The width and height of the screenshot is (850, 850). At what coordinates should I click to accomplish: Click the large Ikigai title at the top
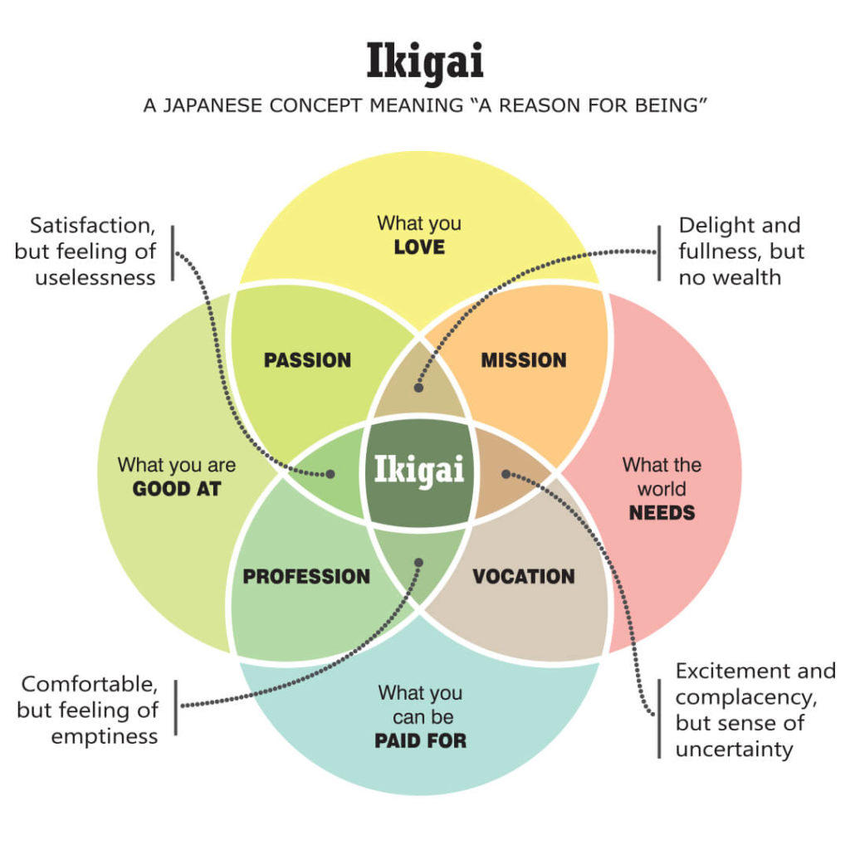pos(424,62)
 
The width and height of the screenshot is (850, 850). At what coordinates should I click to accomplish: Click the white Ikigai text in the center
pos(419,470)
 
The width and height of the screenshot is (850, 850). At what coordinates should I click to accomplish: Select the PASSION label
pos(307,360)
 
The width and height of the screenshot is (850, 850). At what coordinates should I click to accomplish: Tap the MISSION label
pos(524,360)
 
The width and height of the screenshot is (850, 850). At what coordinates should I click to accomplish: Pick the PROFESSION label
pos(306,576)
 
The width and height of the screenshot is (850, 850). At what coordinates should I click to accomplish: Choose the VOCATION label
pos(524,576)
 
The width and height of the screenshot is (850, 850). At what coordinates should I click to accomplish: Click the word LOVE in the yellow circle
pos(419,247)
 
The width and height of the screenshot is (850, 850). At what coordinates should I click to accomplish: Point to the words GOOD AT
pos(177,489)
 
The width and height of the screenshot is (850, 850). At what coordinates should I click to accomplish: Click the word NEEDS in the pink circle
pos(662,512)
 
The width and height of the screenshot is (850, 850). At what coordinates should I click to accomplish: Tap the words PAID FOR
pos(420,740)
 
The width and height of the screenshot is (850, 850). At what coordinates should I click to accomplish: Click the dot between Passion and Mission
pos(419,388)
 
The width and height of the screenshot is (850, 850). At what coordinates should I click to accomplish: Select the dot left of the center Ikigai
pos(330,474)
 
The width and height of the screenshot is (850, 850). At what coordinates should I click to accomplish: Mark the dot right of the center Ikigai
pos(506,474)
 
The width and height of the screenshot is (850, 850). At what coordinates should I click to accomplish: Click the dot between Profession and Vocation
pos(418,562)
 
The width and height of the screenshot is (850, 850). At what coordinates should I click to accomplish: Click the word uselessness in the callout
pos(95,277)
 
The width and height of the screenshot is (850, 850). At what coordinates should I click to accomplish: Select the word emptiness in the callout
pos(105,736)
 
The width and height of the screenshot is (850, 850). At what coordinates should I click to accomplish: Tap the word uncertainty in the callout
pos(734,749)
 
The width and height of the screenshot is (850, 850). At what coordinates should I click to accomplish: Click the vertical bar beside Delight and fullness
pos(658,252)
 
